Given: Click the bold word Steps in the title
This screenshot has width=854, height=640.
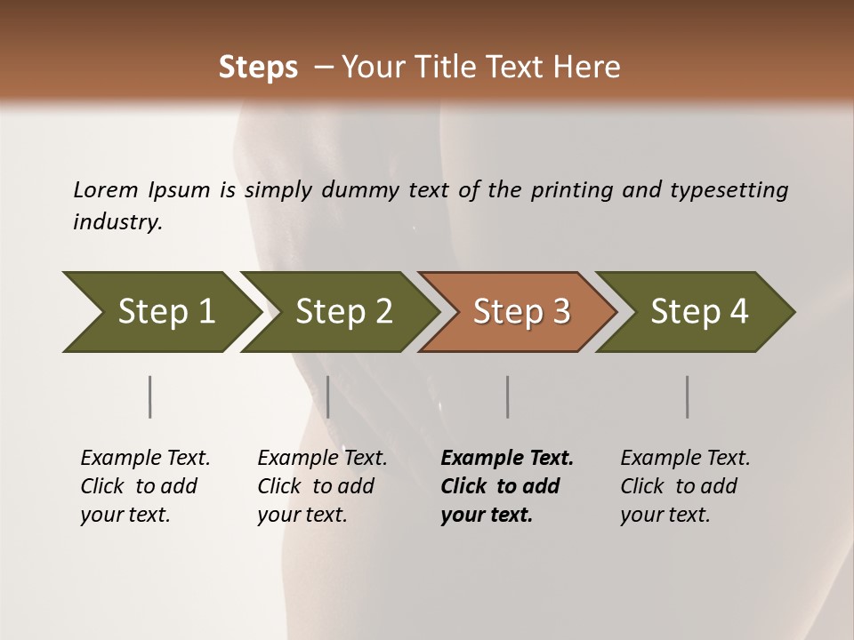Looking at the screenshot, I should pos(258,68).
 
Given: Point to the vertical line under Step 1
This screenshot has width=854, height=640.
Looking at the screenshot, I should pos(150,396).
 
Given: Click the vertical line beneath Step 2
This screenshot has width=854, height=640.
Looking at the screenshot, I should pos(328,396).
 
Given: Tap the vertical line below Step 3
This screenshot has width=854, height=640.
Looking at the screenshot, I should pos(508,396).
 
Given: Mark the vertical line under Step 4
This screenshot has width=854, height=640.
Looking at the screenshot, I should pos(688,396).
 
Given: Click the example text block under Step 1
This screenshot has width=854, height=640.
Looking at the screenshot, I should pos(145,486).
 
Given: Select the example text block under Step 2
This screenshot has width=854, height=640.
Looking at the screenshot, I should pos(322,486).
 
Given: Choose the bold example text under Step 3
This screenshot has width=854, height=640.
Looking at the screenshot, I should pos(506,486).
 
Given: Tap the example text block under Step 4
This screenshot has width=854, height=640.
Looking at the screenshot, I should pos(684,486).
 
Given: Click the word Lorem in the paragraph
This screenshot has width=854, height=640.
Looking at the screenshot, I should pos(106,190).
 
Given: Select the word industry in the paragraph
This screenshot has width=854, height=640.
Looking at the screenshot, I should pos(117,222).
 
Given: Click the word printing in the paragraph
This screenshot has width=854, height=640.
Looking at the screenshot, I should pos(571,190).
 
